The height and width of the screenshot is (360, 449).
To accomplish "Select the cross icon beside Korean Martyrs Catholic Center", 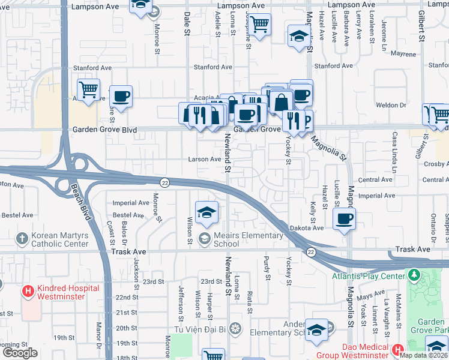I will [x=22, y=238].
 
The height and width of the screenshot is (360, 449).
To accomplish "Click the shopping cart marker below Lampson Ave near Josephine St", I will [x=259, y=25].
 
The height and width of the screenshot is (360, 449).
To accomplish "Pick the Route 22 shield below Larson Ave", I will [x=164, y=182].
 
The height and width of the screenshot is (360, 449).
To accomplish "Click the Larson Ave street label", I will [x=205, y=160].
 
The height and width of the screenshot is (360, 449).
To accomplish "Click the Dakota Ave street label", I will [x=309, y=228].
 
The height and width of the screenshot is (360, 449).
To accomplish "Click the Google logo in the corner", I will [x=20, y=353].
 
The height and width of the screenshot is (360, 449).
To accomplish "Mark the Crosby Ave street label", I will [x=435, y=164].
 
